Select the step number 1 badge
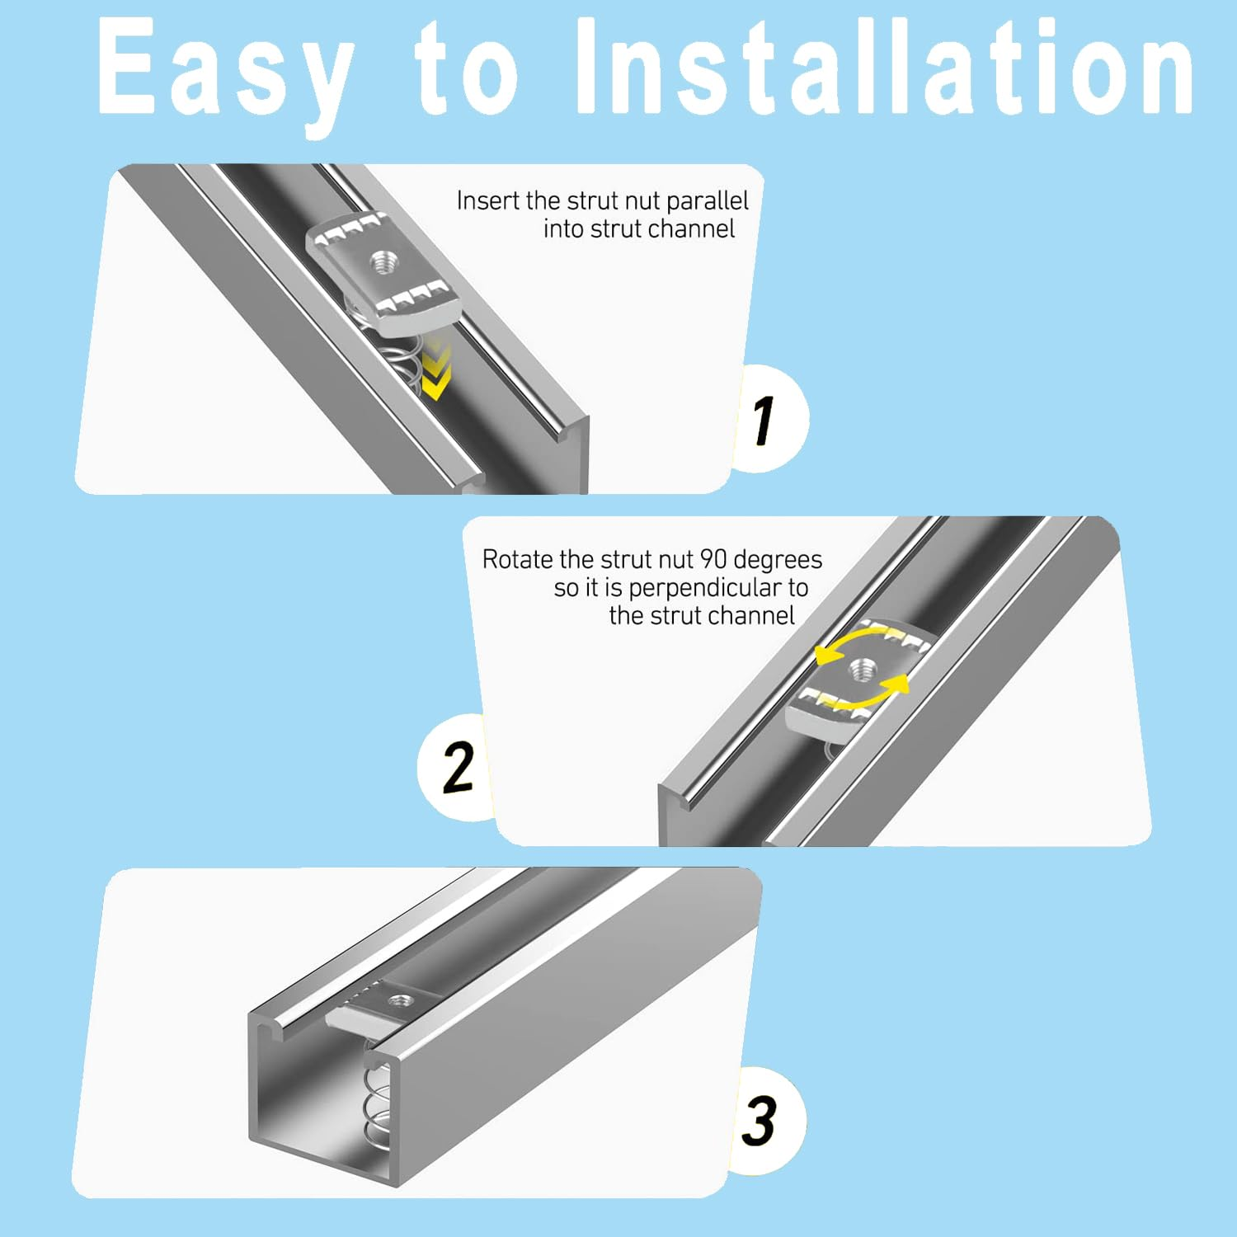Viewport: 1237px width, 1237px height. click(769, 419)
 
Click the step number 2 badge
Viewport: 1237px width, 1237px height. click(457, 767)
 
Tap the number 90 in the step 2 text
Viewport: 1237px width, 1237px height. click(713, 559)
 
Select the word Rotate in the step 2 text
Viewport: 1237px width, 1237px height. click(518, 559)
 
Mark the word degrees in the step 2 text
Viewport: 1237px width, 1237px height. click(778, 561)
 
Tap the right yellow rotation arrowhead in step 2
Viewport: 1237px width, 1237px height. click(898, 684)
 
